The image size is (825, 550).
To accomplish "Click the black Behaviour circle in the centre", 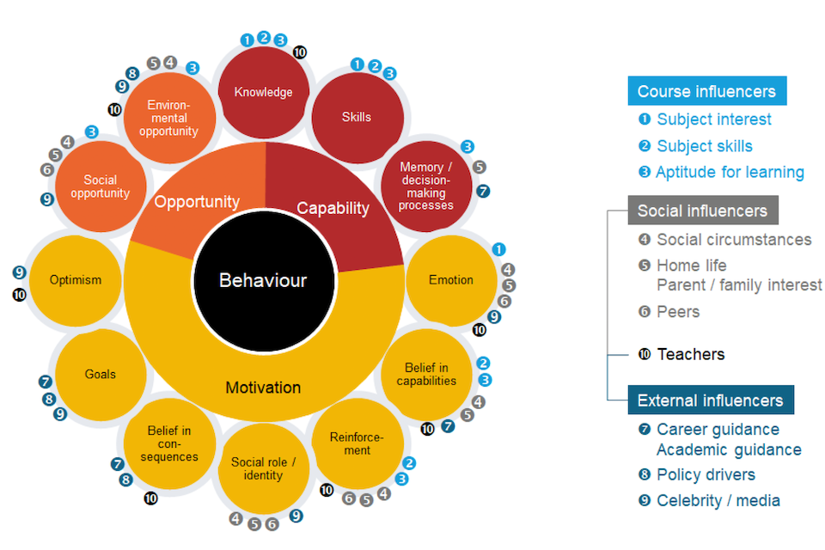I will [263, 280].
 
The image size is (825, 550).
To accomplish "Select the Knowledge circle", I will [264, 92].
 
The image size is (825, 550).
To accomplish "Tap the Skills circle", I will [357, 117].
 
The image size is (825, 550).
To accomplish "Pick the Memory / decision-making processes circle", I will [425, 186].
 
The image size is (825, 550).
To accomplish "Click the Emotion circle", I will [451, 280].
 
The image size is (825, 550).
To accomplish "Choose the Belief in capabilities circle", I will [425, 375].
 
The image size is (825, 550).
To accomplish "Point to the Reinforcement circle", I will [357, 443].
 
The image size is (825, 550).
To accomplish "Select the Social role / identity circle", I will [263, 468].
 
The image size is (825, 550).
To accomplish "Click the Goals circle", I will [101, 375].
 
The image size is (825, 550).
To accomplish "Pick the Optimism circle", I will [76, 280].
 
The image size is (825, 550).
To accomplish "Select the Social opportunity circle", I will [101, 186].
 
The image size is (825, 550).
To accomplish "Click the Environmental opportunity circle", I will [168, 118].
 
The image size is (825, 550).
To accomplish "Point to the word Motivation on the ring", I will [263, 388].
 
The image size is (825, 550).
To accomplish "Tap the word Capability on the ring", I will [333, 208].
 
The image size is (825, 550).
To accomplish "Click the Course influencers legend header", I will [706, 92].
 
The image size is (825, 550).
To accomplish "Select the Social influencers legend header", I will [702, 211].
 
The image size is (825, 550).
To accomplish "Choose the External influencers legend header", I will [710, 400].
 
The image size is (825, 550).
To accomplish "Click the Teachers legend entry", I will [690, 354].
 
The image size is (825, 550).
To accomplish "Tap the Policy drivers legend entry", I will [705, 475].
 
